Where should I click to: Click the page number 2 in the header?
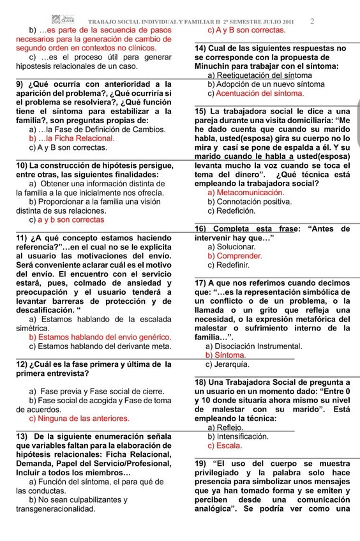pos(312,21)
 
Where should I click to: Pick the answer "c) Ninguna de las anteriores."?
pos(79,419)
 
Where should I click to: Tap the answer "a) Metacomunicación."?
pos(245,193)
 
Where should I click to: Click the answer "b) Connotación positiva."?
pos(249,202)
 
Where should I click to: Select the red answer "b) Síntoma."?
pos(225,355)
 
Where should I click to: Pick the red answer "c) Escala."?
pos(224,446)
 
